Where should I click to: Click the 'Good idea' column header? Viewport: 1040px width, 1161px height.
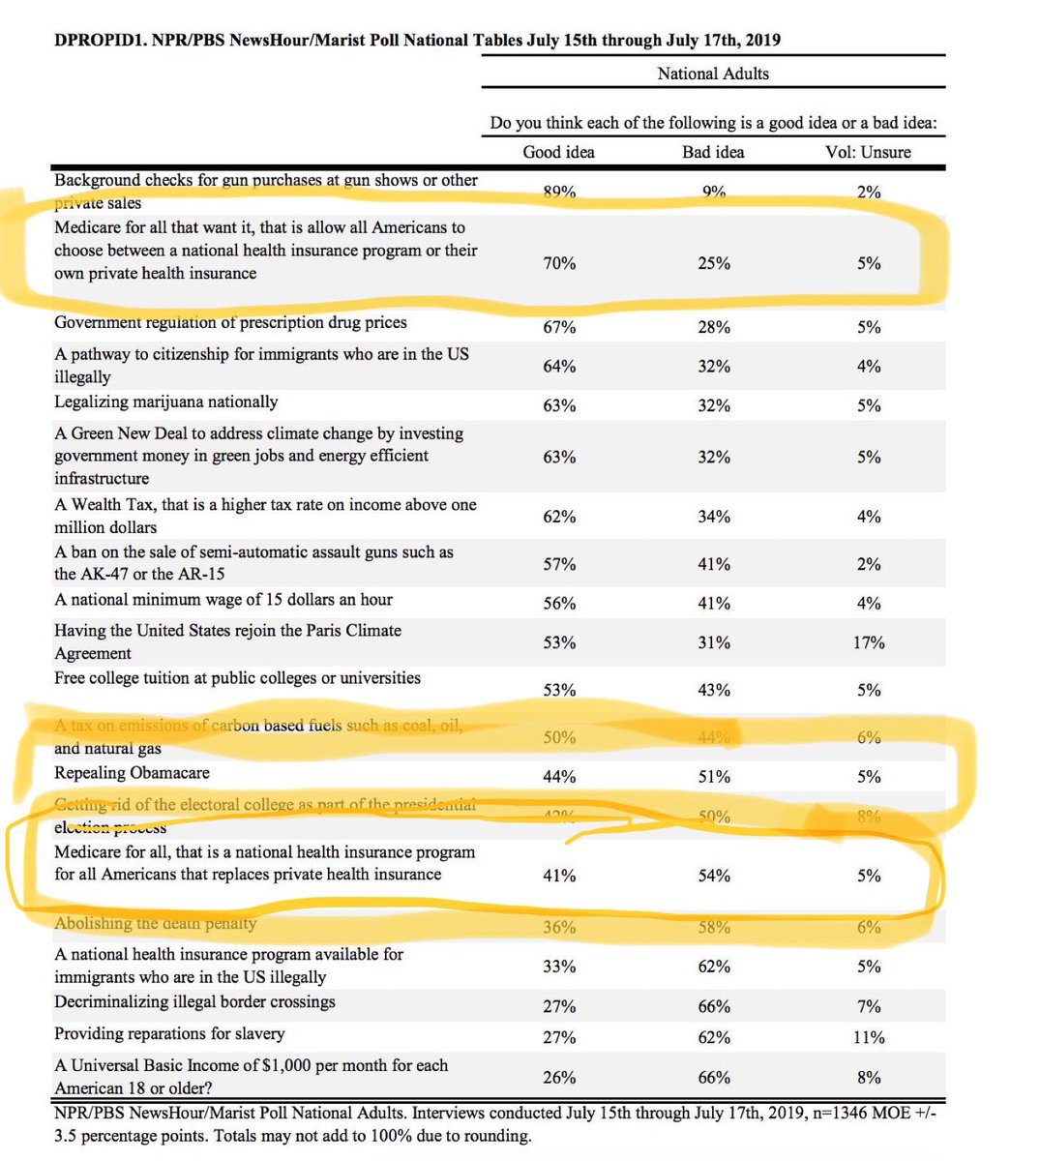[x=558, y=152]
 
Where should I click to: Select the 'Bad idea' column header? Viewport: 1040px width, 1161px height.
[x=713, y=152]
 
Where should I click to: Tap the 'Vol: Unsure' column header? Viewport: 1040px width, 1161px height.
[x=868, y=152]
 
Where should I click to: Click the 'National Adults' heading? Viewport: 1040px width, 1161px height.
[x=713, y=74]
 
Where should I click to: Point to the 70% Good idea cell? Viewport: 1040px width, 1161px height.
[x=559, y=263]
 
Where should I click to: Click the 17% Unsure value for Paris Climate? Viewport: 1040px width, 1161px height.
[x=869, y=642]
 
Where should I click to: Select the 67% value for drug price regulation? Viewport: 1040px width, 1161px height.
[x=559, y=327]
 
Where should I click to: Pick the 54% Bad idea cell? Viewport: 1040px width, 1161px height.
[x=714, y=876]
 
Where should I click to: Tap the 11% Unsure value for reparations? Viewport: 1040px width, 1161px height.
[x=869, y=1037]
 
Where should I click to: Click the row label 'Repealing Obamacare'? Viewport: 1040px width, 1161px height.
[x=132, y=773]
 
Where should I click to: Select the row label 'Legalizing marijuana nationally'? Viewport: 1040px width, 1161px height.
[x=165, y=402]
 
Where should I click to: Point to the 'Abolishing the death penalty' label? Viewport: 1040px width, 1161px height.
[x=155, y=923]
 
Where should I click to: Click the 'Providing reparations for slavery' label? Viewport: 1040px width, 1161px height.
[x=169, y=1033]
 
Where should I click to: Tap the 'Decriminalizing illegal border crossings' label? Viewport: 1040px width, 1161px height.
[x=194, y=1001]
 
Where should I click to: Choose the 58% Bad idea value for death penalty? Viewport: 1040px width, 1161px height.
[x=714, y=927]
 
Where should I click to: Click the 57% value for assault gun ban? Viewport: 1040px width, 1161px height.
[x=559, y=564]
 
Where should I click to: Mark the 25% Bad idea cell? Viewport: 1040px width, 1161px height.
[x=714, y=263]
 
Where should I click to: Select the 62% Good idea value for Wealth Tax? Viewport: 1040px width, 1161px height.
[x=559, y=517]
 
